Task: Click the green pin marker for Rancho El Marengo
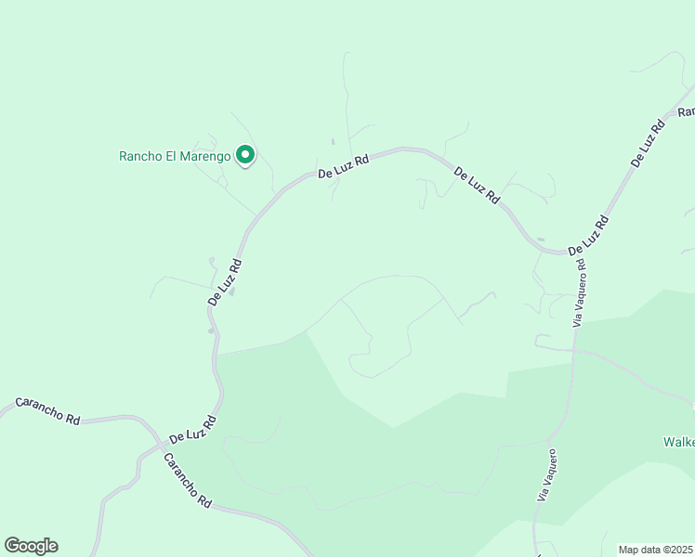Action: [245, 155]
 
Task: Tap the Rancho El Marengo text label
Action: [175, 156]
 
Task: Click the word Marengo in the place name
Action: [205, 156]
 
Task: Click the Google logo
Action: [31, 546]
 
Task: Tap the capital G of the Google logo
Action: [12, 546]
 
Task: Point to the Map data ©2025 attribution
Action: [656, 550]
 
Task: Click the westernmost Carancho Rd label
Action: [46, 411]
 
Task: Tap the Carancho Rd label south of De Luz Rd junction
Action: [187, 481]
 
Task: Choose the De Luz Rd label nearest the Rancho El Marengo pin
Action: [344, 166]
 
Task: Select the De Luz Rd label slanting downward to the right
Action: [477, 186]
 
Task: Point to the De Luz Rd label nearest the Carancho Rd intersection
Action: [192, 428]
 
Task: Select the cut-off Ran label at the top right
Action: [686, 110]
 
